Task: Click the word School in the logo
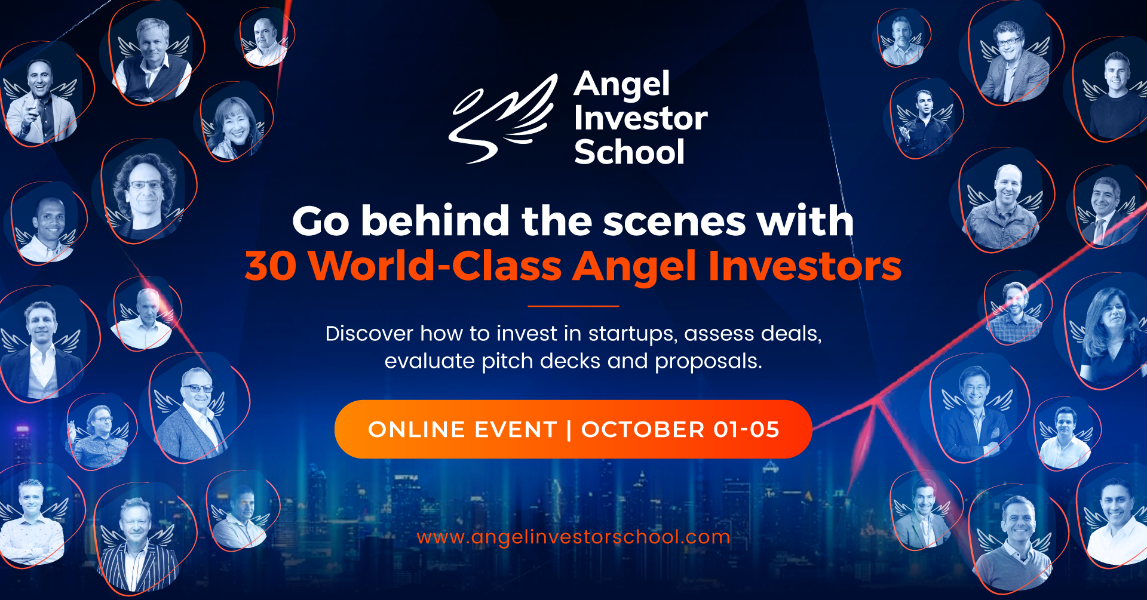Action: (x=629, y=152)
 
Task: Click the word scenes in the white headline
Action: (x=674, y=221)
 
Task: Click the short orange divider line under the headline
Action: (x=573, y=306)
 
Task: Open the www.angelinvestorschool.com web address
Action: (x=573, y=537)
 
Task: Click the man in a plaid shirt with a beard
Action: (x=1015, y=313)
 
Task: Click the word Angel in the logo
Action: (x=622, y=85)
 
